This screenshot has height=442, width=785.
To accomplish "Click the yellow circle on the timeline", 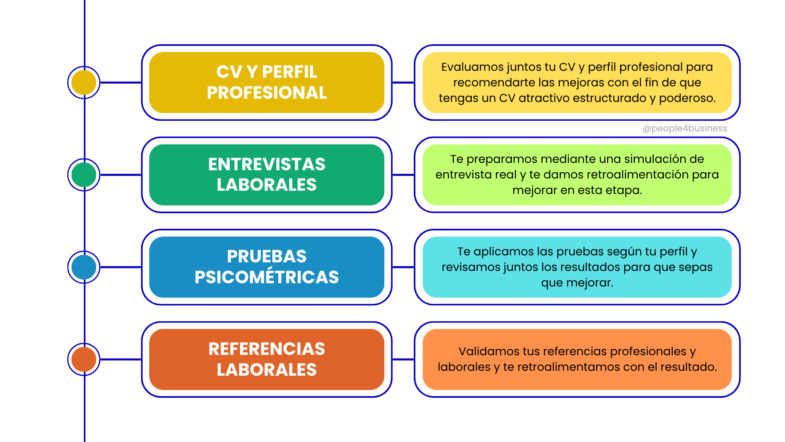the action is pyautogui.click(x=84, y=82).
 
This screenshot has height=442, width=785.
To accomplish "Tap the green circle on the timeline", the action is pyautogui.click(x=84, y=175).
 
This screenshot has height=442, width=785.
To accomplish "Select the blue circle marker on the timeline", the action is pyautogui.click(x=84, y=267).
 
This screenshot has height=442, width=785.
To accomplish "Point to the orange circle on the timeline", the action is pyautogui.click(x=84, y=359).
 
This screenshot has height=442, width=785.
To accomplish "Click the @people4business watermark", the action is pyautogui.click(x=685, y=129).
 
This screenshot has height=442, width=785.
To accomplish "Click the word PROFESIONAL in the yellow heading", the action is pyautogui.click(x=267, y=93).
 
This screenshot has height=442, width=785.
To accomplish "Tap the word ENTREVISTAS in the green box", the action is pyautogui.click(x=267, y=164).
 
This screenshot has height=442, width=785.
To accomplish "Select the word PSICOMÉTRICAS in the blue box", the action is pyautogui.click(x=267, y=277).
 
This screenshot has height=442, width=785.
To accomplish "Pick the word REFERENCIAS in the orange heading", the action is pyautogui.click(x=267, y=349).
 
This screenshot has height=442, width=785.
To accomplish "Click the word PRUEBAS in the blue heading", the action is pyautogui.click(x=267, y=257).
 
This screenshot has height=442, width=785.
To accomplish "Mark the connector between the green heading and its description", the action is pyautogui.click(x=403, y=175).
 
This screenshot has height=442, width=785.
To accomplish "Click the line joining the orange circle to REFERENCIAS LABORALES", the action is pyautogui.click(x=121, y=359).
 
